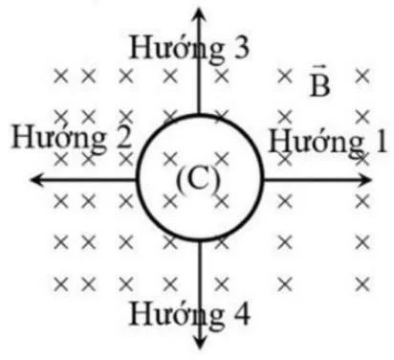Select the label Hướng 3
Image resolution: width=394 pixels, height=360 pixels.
click(190, 48)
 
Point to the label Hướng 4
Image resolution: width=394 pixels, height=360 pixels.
click(191, 313)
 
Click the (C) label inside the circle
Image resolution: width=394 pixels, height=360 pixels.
click(198, 179)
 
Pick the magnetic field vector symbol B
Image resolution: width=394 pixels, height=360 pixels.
click(319, 84)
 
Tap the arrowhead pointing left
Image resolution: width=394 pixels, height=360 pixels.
click(36, 179)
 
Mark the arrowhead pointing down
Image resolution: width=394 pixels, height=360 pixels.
click(200, 348)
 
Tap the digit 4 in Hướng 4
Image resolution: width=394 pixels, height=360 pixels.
click(242, 313)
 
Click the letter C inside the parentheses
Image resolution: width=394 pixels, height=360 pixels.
click(198, 179)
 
